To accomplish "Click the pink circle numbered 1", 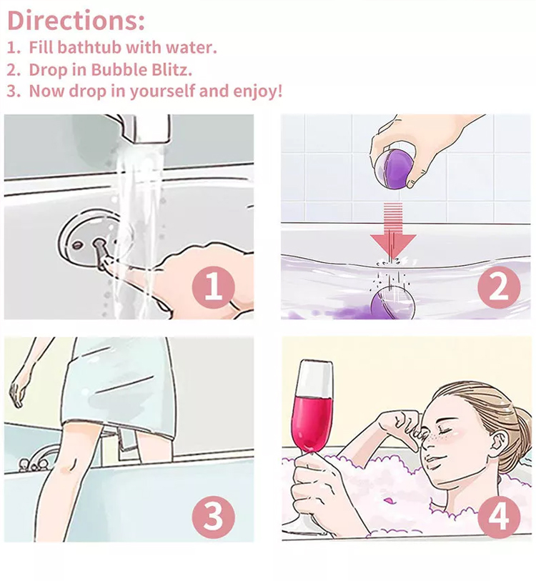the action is pyautogui.click(x=213, y=287).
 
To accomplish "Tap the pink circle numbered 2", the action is pyautogui.click(x=499, y=287).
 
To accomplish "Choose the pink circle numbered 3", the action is pyautogui.click(x=213, y=517).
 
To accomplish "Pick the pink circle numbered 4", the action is pyautogui.click(x=499, y=517).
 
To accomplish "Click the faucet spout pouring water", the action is pyautogui.click(x=147, y=128).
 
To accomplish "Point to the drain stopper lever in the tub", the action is pyautogui.click(x=101, y=253).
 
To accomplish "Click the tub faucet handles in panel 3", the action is pyautogui.click(x=34, y=462).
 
